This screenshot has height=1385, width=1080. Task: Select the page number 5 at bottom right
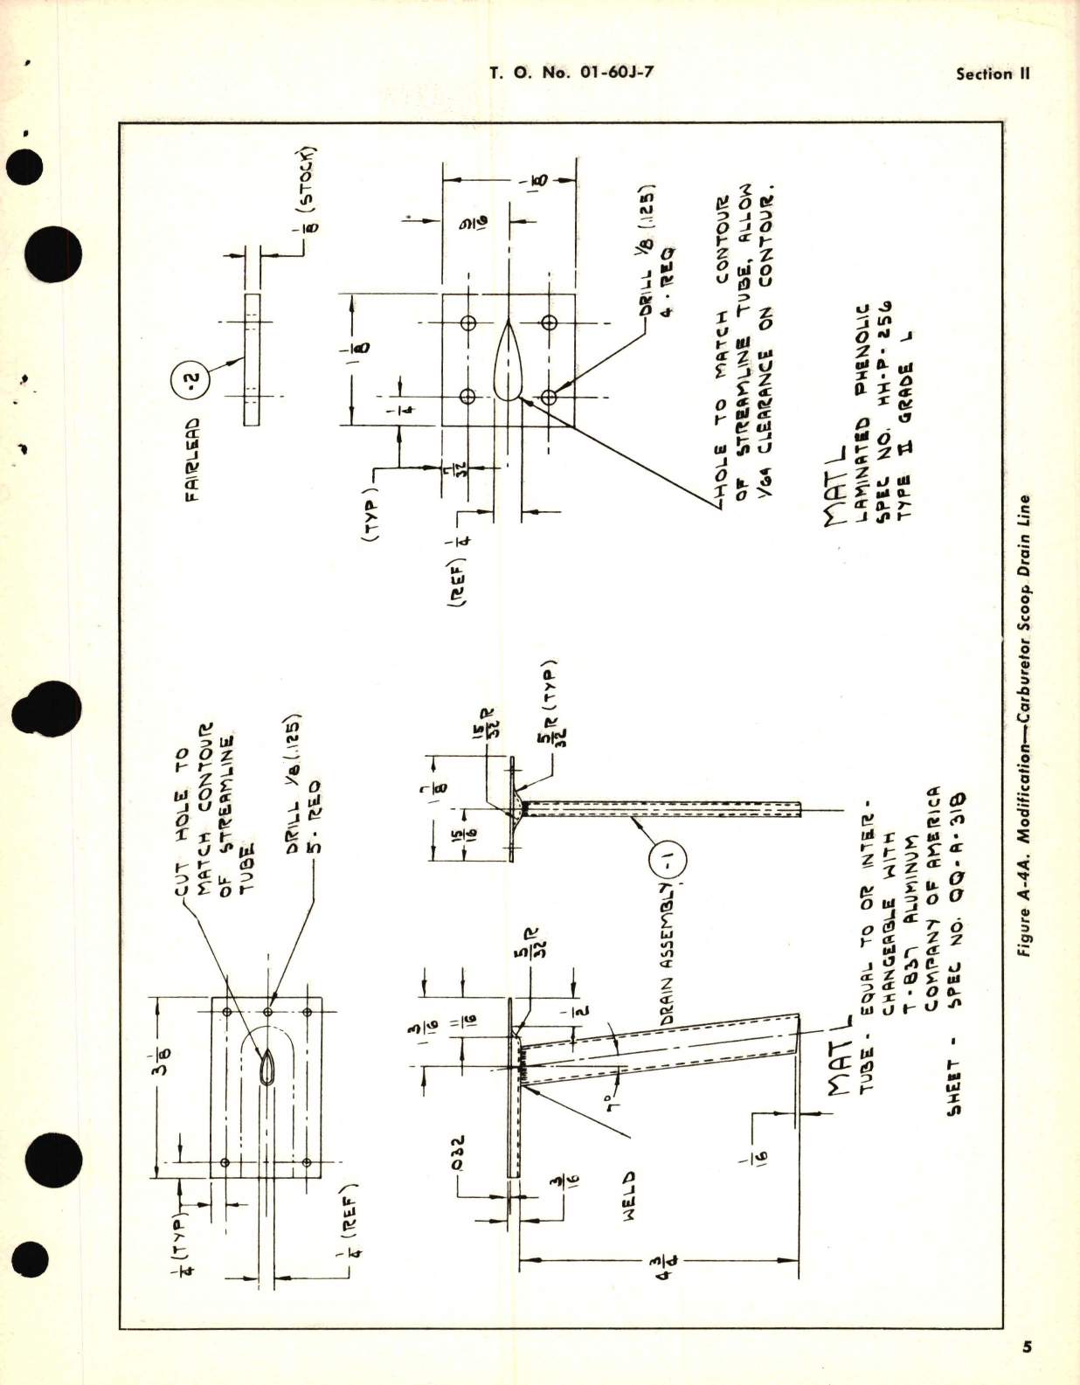click(1028, 1347)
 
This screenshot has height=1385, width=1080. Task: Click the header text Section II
click(993, 74)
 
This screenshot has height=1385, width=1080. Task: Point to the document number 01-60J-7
click(616, 73)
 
